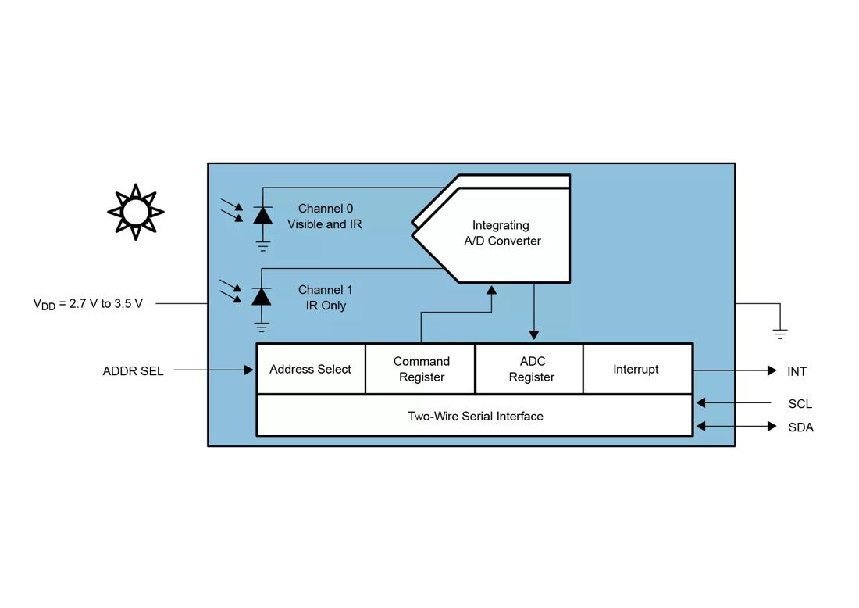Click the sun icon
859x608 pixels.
pyautogui.click(x=135, y=212)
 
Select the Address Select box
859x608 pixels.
pyautogui.click(x=310, y=369)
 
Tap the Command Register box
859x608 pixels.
pyautogui.click(x=421, y=369)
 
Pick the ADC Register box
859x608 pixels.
pyautogui.click(x=531, y=369)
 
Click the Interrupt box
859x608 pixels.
pyautogui.click(x=636, y=369)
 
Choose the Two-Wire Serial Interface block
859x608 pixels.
pyautogui.click(x=475, y=416)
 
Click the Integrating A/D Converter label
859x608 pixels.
pyautogui.click(x=502, y=233)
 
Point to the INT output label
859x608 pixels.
pyautogui.click(x=797, y=371)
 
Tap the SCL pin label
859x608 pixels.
pyautogui.click(x=800, y=404)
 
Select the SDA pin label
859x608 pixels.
pyautogui.click(x=800, y=427)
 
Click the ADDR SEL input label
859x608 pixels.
pyautogui.click(x=133, y=371)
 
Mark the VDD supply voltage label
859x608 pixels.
pyautogui.click(x=87, y=304)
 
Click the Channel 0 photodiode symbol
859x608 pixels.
pyautogui.click(x=262, y=215)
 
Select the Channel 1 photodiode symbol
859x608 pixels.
pyautogui.click(x=262, y=296)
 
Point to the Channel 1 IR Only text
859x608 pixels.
pyautogui.click(x=326, y=298)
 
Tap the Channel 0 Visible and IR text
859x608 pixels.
pyautogui.click(x=325, y=216)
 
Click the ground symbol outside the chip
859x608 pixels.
pyautogui.click(x=779, y=334)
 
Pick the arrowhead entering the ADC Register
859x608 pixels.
pyautogui.click(x=534, y=334)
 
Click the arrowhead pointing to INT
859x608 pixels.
pyautogui.click(x=772, y=370)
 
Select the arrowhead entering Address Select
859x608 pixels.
pyautogui.click(x=248, y=370)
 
